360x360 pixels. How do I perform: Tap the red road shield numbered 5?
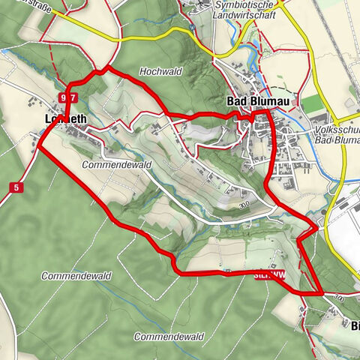(x=15, y=187)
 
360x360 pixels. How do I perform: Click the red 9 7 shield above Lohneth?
(x=68, y=98)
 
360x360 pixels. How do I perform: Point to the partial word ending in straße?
(x=22, y=3)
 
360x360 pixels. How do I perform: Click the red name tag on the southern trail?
(x=269, y=274)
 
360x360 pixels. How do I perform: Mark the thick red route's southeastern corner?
(x=321, y=291)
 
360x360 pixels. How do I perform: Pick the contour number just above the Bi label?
(x=338, y=299)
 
